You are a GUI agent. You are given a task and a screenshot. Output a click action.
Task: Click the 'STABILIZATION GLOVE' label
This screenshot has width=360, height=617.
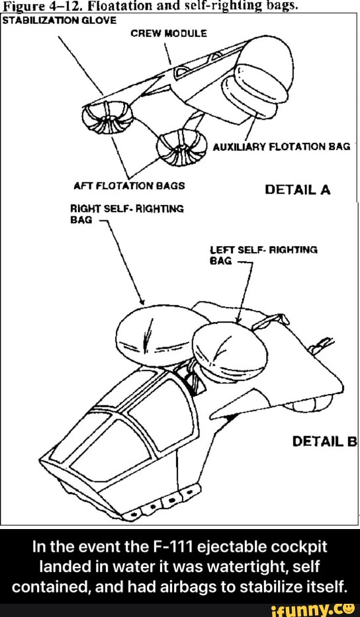[x=59, y=21]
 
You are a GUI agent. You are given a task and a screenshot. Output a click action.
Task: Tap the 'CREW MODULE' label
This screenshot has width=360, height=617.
[x=169, y=34]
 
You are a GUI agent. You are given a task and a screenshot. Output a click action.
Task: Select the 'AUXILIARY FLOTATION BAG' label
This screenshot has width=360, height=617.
[x=281, y=147]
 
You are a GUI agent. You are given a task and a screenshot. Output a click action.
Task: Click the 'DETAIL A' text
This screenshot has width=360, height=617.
[x=298, y=190]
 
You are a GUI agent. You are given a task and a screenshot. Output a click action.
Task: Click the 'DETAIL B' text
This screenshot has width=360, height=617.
[x=324, y=442]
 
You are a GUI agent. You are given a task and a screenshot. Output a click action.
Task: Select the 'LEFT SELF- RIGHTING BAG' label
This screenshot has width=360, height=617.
[x=264, y=255]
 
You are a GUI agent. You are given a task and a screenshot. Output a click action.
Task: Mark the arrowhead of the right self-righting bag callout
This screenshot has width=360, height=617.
[x=142, y=301]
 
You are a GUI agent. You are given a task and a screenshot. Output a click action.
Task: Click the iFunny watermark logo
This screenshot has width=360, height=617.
[x=320, y=610]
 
